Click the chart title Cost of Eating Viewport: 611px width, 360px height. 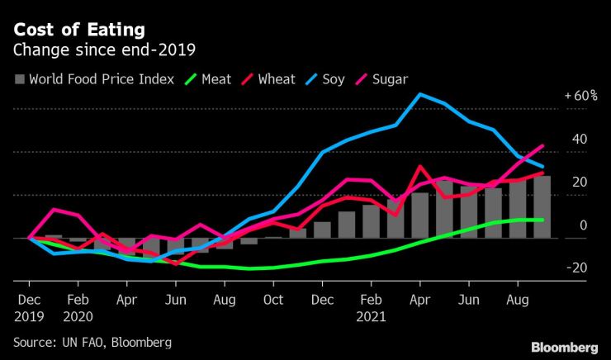click(78, 30)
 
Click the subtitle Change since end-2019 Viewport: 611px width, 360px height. click(102, 50)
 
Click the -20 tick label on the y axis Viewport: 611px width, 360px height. click(579, 268)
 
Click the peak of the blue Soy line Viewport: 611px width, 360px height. click(419, 94)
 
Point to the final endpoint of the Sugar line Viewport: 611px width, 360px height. click(542, 146)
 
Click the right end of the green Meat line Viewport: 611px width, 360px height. click(542, 220)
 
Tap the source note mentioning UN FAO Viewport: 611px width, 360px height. click(92, 342)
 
